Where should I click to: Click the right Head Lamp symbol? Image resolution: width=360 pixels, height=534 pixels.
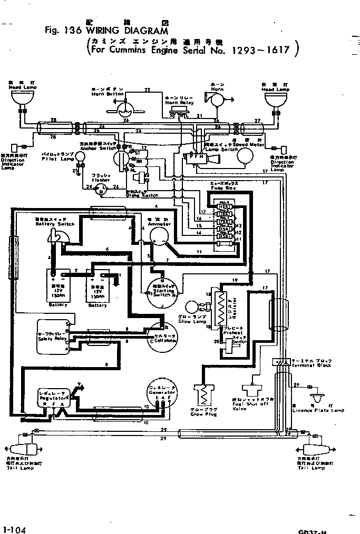277,97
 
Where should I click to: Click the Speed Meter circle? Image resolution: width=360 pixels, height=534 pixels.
245,155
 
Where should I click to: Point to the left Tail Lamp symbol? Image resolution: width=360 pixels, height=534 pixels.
25,450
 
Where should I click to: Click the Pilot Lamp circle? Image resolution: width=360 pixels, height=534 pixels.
80,155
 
